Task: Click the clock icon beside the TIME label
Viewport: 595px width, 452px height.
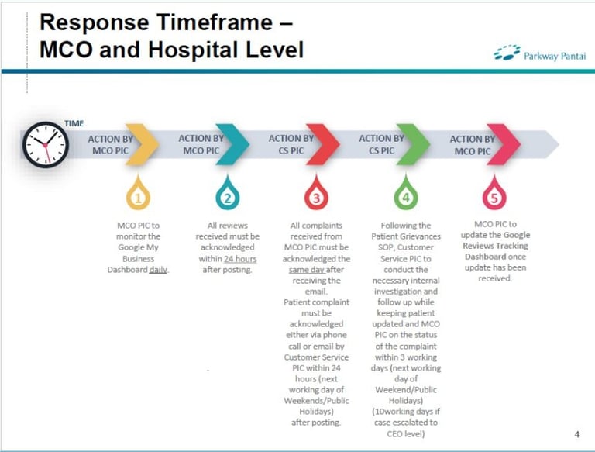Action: tap(46, 145)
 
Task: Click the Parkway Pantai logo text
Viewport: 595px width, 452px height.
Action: tap(555, 57)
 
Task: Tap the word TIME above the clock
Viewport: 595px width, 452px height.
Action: tap(74, 123)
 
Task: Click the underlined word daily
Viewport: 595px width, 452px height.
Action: tap(158, 270)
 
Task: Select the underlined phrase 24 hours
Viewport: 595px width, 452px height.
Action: tap(240, 259)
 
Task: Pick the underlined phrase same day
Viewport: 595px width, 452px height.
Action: tap(307, 270)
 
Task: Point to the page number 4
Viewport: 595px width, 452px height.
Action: tap(577, 434)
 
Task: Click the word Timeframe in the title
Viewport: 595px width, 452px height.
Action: tap(215, 22)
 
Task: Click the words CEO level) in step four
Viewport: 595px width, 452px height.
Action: tap(406, 433)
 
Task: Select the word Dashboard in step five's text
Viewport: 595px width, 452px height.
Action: tap(485, 257)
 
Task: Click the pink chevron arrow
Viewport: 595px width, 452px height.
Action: tap(503, 144)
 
